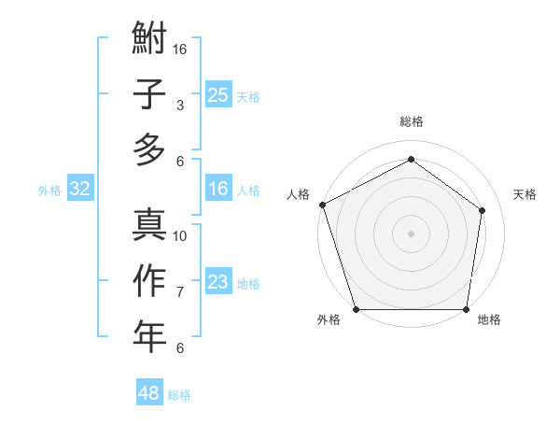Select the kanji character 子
(149, 94)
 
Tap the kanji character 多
(149, 149)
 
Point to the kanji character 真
(149, 224)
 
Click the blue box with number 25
(217, 94)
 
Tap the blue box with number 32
(79, 189)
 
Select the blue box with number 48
(148, 393)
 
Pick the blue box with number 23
(217, 282)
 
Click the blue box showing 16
(217, 189)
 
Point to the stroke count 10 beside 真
(180, 235)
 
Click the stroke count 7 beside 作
(180, 292)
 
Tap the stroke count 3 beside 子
(180, 106)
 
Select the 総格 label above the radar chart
(411, 121)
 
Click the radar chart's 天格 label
(525, 194)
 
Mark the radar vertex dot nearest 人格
(322, 205)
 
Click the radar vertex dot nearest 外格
(356, 309)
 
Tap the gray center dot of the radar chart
(411, 233)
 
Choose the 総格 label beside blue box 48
(179, 395)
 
